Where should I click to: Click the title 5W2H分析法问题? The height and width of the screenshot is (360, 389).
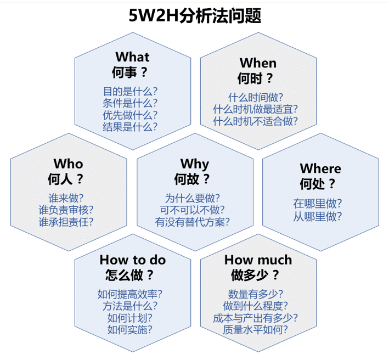pyautogui.click(x=195, y=15)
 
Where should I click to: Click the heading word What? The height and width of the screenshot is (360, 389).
pyautogui.click(x=132, y=57)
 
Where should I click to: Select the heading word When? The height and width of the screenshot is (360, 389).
pyautogui.click(x=258, y=63)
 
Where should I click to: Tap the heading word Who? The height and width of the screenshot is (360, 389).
pyautogui.click(x=68, y=164)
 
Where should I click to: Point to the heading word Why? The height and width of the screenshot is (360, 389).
pyautogui.click(x=195, y=165)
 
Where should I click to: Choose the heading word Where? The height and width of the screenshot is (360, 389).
pyautogui.click(x=320, y=168)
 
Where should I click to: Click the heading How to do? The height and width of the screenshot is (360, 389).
pyautogui.click(x=133, y=260)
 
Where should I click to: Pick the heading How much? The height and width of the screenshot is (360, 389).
pyautogui.click(x=258, y=260)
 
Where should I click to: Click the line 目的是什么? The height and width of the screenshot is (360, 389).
pyautogui.click(x=130, y=91)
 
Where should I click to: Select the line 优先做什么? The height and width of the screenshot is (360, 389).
pyautogui.click(x=130, y=115)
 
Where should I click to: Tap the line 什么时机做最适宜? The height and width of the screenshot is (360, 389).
pyautogui.click(x=255, y=109)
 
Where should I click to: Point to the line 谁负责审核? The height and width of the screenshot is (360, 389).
pyautogui.click(x=66, y=210)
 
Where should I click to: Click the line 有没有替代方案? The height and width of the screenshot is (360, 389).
pyautogui.click(x=192, y=222)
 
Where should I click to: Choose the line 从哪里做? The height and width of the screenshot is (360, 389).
pyautogui.click(x=318, y=216)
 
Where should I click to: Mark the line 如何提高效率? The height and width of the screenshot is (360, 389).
pyautogui.click(x=129, y=294)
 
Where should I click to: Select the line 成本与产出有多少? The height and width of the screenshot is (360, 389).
pyautogui.click(x=255, y=318)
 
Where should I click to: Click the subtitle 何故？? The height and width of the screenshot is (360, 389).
pyautogui.click(x=192, y=179)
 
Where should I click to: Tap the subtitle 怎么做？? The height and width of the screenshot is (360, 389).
pyautogui.click(x=129, y=275)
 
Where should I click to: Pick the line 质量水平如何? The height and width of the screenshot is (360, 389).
pyautogui.click(x=255, y=330)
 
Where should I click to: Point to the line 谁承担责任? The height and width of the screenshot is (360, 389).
pyautogui.click(x=66, y=222)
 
